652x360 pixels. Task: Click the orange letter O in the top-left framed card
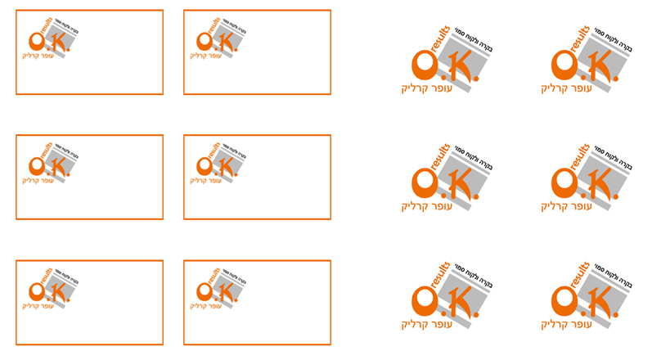click(35, 41)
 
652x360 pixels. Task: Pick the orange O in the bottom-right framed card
click(203, 291)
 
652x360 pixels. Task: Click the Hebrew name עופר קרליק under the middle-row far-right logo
click(565, 205)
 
